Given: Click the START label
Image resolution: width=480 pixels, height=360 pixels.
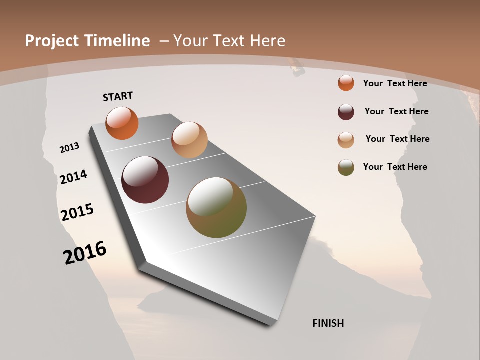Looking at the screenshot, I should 118,96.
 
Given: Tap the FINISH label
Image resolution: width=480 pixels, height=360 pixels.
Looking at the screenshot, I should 328,323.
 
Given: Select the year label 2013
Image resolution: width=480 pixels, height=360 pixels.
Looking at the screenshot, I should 69,148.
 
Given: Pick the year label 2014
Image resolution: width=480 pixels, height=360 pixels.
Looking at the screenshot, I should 73,177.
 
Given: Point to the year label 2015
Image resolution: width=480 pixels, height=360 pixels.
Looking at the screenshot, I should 77,212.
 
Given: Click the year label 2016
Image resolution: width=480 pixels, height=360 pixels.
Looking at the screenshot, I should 85,253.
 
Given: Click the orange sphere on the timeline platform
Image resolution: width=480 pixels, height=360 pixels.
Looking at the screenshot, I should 122,123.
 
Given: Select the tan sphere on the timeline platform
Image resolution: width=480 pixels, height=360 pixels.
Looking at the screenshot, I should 189,140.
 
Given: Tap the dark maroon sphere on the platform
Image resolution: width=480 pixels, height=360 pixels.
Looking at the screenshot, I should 145,180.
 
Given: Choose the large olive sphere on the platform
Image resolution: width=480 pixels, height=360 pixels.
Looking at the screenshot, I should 216,207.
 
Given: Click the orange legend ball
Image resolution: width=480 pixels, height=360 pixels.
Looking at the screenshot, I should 346,83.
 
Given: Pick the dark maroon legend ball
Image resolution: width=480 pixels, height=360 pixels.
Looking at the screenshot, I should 346,112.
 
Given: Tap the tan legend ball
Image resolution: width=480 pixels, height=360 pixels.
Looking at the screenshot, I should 346,140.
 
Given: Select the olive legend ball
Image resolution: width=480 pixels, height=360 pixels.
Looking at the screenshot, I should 346,167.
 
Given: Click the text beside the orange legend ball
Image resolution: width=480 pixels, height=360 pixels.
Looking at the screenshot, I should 395,83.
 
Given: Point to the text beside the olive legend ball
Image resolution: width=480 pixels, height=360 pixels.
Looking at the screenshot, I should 395,167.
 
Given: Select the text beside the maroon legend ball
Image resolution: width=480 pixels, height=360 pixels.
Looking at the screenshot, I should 396,111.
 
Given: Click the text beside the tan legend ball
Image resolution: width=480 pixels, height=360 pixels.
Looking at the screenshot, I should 397,139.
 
